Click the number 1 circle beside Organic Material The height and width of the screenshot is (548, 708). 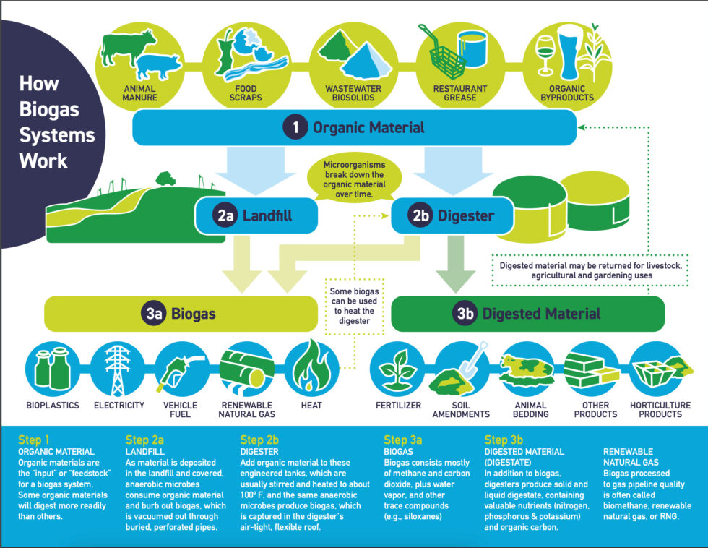tap(295, 128)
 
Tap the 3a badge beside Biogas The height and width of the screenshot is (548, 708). tap(154, 313)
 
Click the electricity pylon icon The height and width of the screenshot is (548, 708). tap(118, 366)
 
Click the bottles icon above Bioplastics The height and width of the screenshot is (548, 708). tap(51, 366)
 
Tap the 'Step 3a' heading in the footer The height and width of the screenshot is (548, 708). tap(403, 439)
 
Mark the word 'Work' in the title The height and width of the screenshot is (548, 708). tap(43, 160)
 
